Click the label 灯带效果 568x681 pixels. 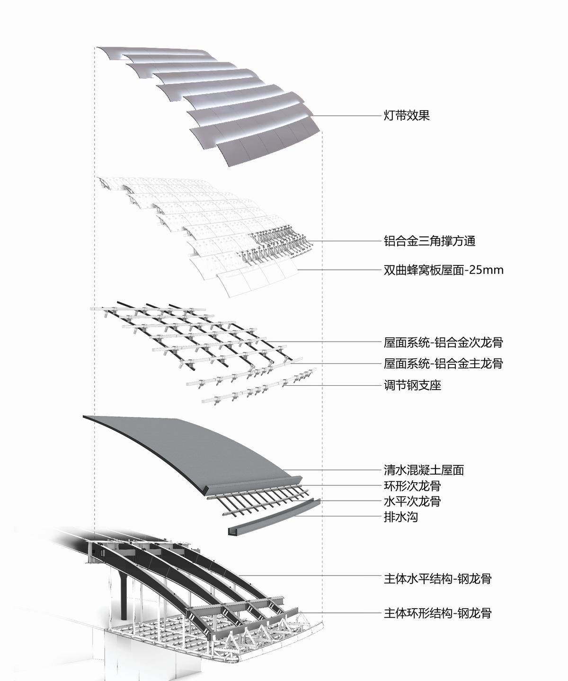coord(407,115)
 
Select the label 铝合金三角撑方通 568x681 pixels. coord(429,241)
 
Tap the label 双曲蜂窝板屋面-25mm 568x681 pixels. coord(443,270)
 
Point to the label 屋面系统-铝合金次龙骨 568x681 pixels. coord(443,342)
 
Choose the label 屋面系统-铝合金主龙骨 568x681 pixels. coord(443,363)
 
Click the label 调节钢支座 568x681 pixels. coord(412,385)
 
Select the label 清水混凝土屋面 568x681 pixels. coord(424,470)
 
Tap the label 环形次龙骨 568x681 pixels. coord(412,486)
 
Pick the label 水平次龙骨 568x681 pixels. coord(412,501)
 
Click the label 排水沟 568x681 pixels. coord(400,517)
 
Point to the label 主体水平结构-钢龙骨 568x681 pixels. coord(437,578)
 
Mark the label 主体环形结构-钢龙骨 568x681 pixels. coord(437,613)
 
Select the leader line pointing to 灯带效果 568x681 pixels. coord(346,116)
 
